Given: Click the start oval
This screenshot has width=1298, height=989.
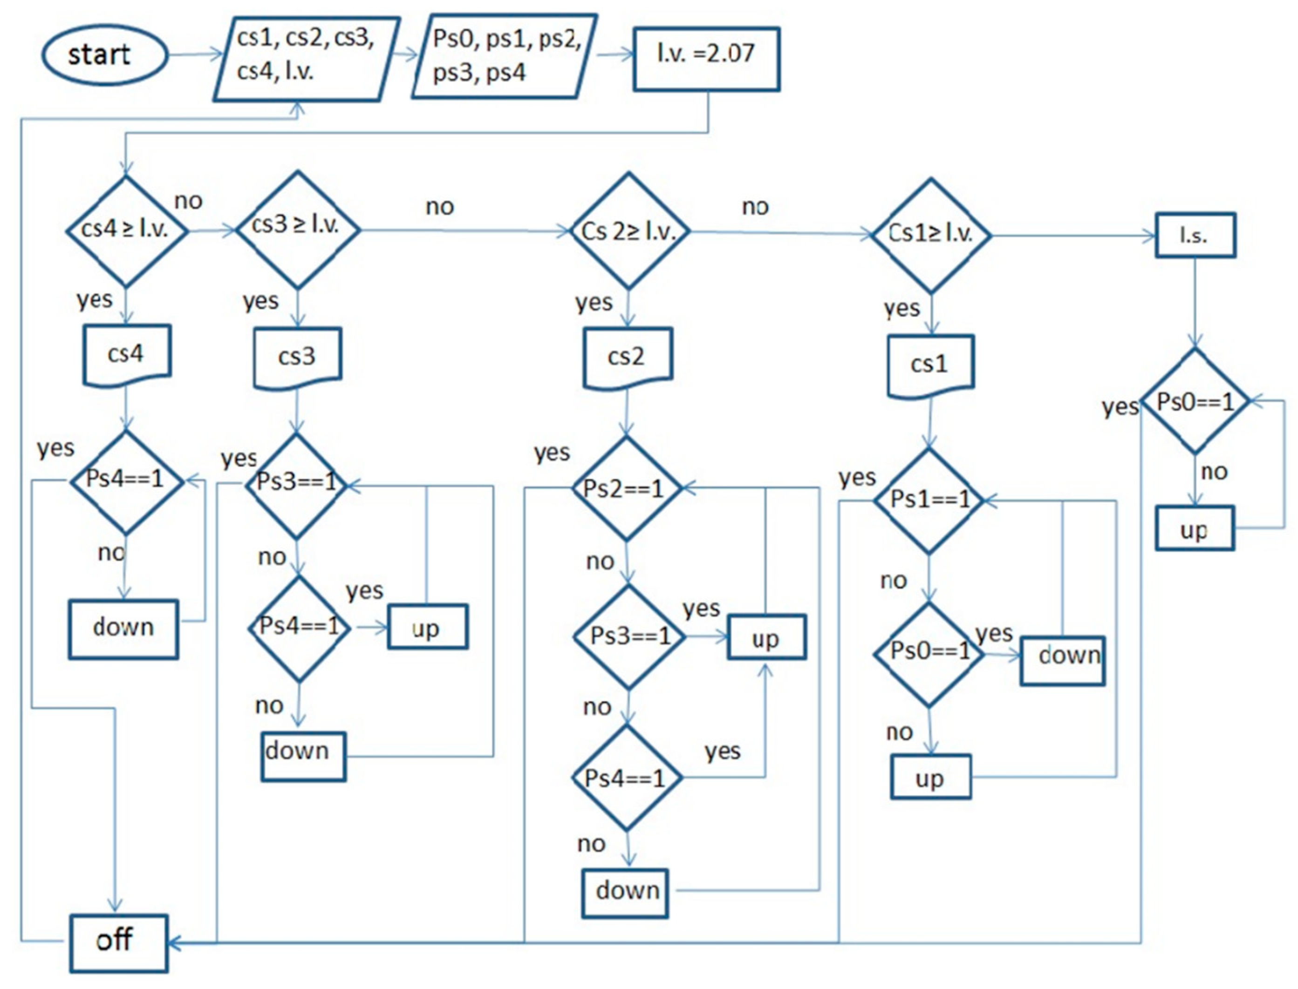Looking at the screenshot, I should (x=104, y=55).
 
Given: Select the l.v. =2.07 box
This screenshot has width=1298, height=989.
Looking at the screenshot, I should (x=706, y=59).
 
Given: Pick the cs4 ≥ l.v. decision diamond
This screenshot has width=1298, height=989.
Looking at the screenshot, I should (x=126, y=230).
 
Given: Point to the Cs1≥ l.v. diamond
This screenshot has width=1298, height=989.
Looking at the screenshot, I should (x=930, y=235).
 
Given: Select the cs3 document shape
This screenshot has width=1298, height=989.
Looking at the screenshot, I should (x=297, y=357).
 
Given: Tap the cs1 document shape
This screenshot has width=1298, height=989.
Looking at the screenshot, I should (x=930, y=365).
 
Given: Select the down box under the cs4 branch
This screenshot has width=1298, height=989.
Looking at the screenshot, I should (x=123, y=629).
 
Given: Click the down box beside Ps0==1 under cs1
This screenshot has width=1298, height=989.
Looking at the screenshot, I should (x=1062, y=660).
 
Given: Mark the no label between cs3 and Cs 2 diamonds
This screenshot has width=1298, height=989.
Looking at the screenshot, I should (x=439, y=207).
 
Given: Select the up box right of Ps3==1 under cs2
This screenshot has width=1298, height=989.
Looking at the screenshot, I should (x=766, y=637).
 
